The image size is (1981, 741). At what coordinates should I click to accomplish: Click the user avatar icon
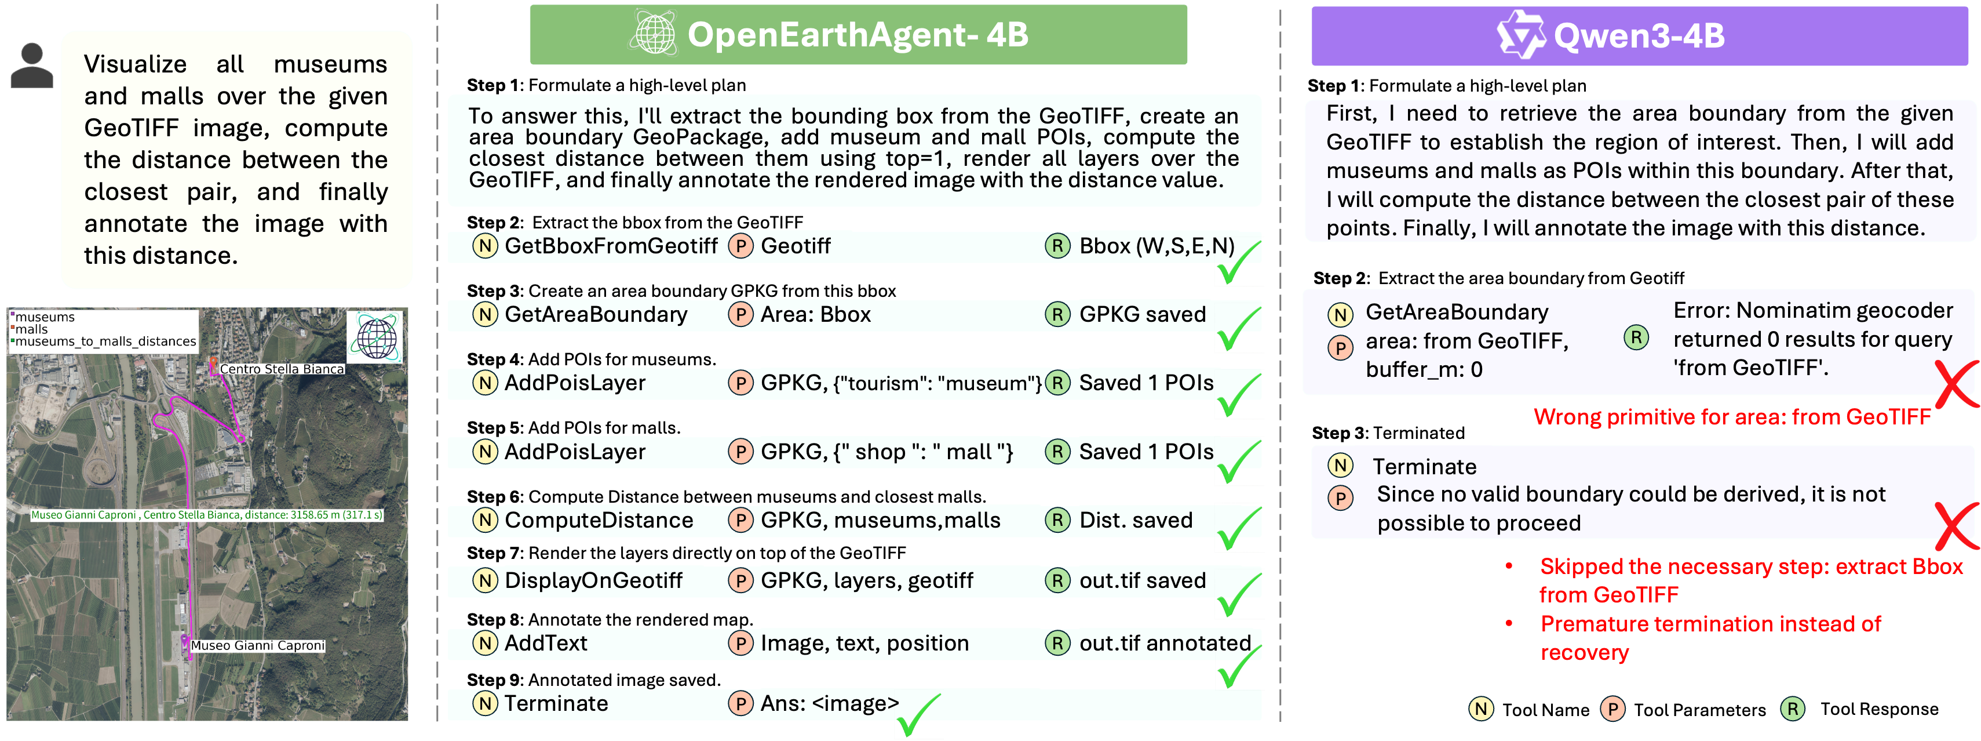click(31, 66)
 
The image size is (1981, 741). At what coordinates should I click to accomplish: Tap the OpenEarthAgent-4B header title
click(858, 35)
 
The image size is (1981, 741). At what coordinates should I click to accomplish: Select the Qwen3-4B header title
click(1638, 36)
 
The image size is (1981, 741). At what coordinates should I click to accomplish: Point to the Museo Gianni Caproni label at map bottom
click(258, 645)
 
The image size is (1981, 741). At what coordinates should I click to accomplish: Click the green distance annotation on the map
click(207, 515)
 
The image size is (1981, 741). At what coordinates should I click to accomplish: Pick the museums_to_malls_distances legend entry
click(105, 342)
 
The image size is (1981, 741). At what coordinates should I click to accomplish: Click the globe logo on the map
click(376, 336)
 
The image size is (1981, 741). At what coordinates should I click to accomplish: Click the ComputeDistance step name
click(599, 520)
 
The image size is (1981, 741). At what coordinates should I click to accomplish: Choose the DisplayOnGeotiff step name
click(593, 581)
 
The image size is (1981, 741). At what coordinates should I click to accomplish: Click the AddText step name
click(545, 643)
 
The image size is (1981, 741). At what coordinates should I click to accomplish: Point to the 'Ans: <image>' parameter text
click(829, 703)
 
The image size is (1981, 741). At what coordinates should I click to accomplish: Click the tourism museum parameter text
click(900, 383)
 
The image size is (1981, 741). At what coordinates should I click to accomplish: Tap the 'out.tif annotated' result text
click(1164, 643)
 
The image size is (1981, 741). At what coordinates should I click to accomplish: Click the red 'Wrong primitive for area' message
click(1732, 417)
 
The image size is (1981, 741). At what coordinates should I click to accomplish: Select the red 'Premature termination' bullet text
click(1710, 638)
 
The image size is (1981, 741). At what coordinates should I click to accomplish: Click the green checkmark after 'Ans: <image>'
click(917, 715)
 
